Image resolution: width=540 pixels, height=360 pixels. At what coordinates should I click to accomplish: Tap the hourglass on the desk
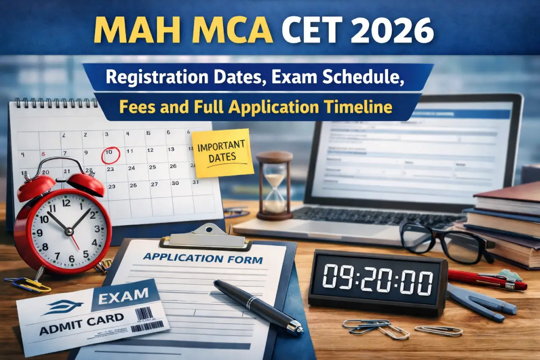[x=275, y=186]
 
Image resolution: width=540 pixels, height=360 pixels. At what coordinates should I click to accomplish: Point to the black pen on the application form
[x=258, y=306]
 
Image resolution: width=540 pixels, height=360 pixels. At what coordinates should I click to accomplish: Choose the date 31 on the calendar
[x=194, y=183]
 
